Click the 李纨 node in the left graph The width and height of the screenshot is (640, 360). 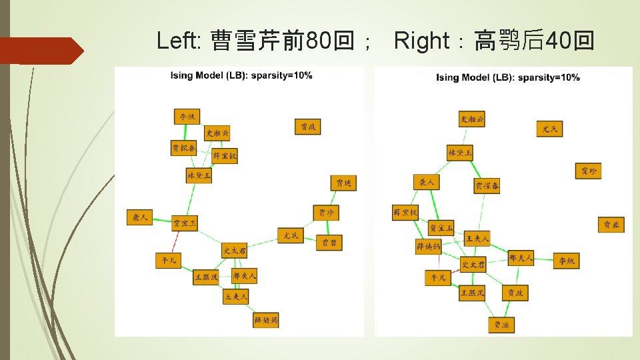187,117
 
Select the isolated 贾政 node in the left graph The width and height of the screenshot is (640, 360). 308,127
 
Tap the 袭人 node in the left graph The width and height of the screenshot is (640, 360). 139,217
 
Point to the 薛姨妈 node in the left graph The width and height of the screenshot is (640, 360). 266,321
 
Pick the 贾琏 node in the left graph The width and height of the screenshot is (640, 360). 343,183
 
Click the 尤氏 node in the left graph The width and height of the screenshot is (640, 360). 291,235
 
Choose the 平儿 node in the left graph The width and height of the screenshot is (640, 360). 167,261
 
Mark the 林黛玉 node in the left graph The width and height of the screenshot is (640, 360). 199,176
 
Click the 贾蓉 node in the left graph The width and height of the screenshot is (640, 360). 329,243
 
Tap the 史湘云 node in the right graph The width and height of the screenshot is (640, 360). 473,120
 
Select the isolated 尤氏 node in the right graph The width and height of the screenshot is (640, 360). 549,129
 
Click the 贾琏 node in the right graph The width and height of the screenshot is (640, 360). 501,325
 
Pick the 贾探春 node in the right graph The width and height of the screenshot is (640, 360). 487,187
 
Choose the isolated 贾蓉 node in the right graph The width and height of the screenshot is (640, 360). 611,225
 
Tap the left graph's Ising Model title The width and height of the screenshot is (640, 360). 241,75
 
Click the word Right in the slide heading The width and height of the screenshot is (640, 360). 422,41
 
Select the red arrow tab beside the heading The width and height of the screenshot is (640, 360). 40,51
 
